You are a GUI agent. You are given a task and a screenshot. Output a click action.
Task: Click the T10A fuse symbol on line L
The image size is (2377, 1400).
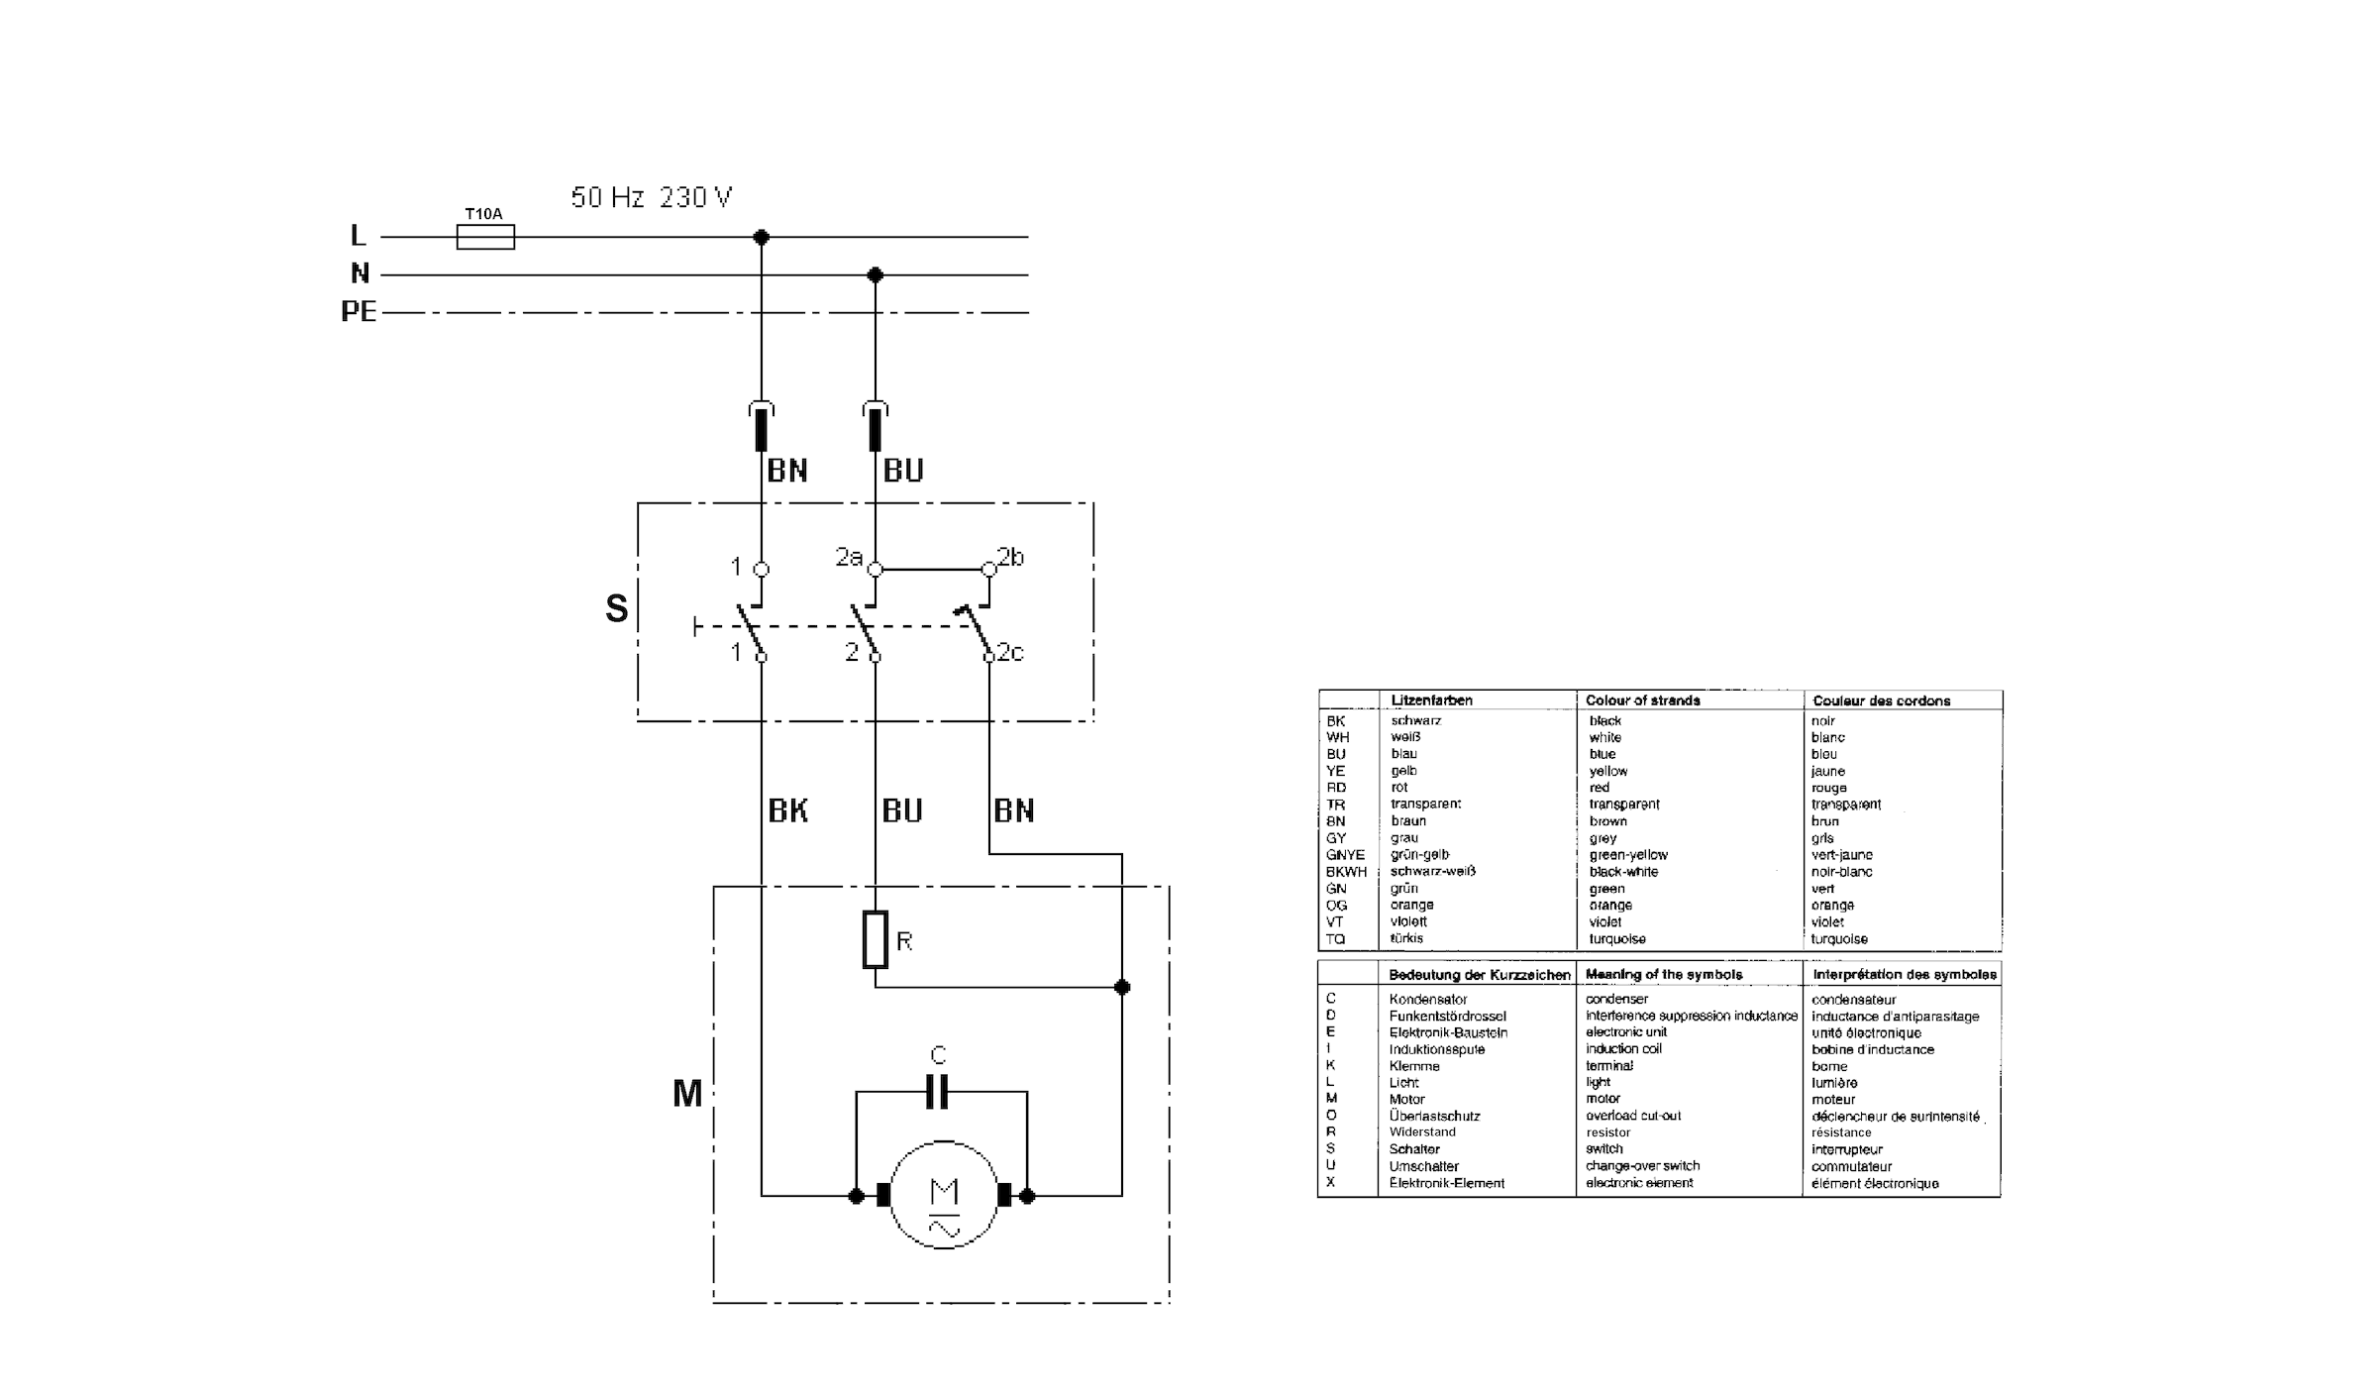click(x=485, y=237)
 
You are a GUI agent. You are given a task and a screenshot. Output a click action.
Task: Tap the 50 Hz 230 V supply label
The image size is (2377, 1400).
click(x=651, y=197)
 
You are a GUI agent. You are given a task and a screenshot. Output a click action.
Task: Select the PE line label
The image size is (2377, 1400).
click(x=359, y=312)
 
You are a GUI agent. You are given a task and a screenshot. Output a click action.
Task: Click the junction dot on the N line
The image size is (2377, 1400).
click(x=875, y=274)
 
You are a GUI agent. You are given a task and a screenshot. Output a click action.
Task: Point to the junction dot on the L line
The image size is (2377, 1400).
click(x=761, y=237)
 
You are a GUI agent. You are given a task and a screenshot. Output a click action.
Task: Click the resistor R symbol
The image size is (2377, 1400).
click(x=875, y=939)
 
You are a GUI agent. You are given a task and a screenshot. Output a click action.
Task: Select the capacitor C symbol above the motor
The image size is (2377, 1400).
click(x=937, y=1091)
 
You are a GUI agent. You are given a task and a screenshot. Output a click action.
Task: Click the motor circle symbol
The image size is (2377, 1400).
click(x=944, y=1195)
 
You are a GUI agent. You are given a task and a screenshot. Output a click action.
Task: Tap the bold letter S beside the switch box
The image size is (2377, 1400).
click(x=616, y=608)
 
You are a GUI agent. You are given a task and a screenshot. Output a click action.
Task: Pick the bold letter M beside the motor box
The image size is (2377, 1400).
click(x=687, y=1094)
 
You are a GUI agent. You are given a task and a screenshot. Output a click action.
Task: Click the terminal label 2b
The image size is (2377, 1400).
click(x=1011, y=557)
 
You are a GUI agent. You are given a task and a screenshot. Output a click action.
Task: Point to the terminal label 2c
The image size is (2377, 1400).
click(x=1011, y=652)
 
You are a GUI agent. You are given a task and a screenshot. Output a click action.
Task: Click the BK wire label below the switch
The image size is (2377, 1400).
click(x=788, y=810)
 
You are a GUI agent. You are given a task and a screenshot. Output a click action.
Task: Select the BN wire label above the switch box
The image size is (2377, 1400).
click(x=787, y=471)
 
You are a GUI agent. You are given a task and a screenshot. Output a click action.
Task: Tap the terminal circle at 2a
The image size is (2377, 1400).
click(x=875, y=570)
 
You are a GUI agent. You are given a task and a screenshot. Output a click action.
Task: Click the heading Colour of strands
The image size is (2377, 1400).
click(x=1642, y=700)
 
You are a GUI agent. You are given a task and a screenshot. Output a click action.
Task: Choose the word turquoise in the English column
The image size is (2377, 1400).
click(x=1617, y=939)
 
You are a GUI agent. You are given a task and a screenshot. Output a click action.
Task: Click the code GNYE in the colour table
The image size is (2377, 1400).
click(x=1345, y=855)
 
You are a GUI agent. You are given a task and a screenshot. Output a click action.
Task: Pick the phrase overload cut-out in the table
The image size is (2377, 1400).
click(x=1633, y=1116)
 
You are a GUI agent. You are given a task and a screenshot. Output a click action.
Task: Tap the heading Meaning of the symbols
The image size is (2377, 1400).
click(x=1664, y=975)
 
